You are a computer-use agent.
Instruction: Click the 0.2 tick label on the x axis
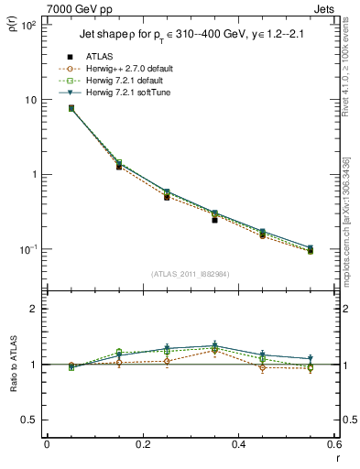143,445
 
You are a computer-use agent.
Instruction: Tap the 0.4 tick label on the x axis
238,445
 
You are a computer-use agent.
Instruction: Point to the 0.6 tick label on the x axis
333,445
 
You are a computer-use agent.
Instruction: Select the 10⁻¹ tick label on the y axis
27,249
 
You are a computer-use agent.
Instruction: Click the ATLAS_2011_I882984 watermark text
191,274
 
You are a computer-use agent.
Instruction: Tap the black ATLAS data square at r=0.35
214,220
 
